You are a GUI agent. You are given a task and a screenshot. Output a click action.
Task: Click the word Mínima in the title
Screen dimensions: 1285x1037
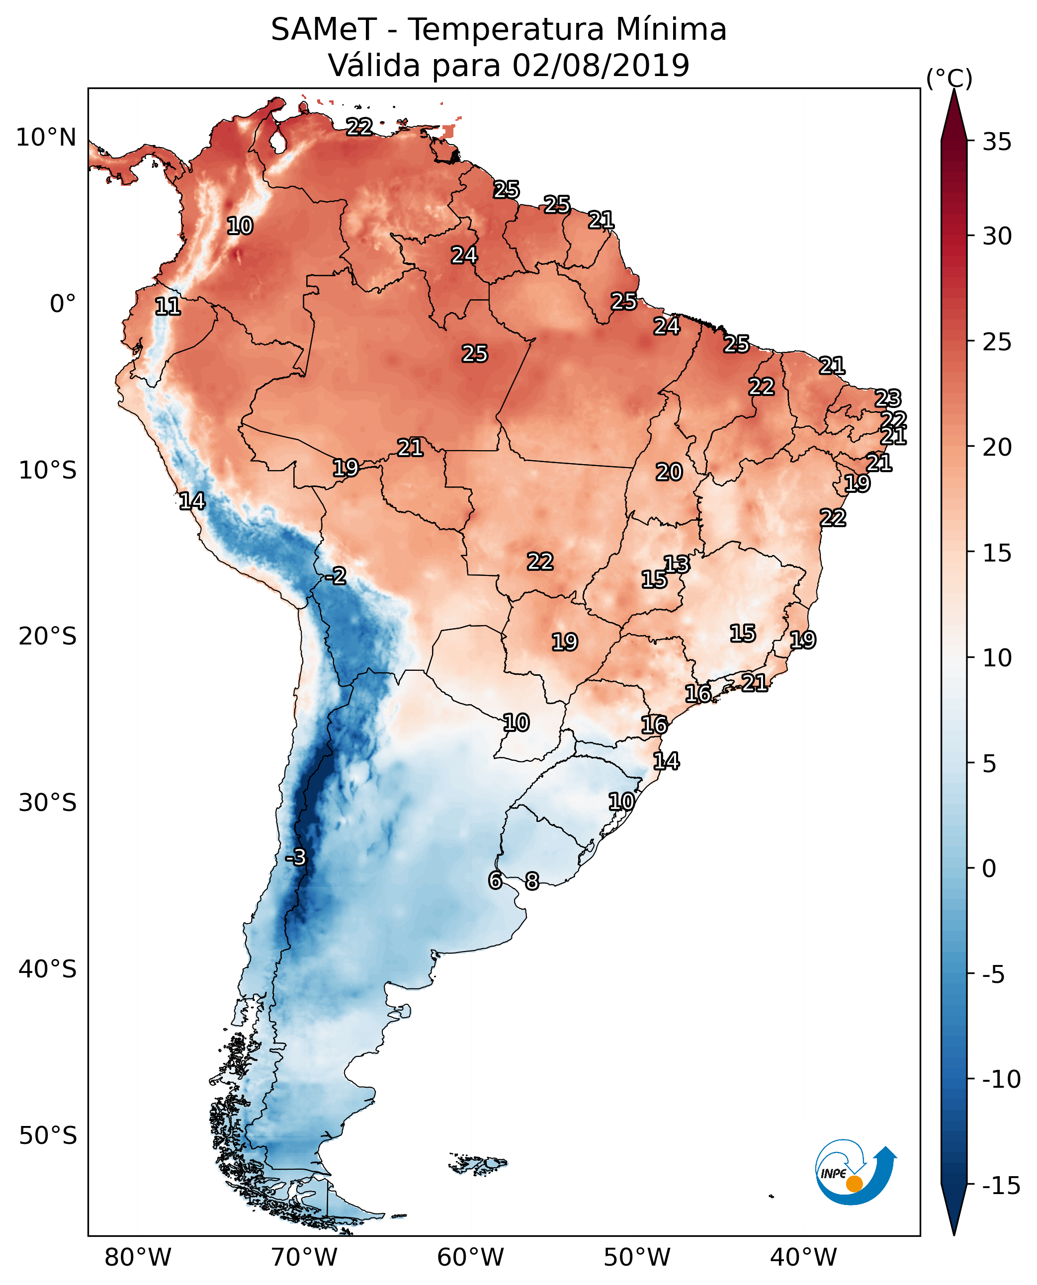tap(671, 29)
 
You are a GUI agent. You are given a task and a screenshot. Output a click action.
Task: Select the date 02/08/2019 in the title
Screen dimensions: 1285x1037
tap(601, 65)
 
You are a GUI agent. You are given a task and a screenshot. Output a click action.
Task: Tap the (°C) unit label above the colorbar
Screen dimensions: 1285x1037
tap(949, 78)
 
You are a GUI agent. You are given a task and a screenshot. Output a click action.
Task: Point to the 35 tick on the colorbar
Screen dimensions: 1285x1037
tap(997, 142)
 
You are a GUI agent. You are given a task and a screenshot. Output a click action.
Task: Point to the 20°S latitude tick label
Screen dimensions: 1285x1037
tap(48, 637)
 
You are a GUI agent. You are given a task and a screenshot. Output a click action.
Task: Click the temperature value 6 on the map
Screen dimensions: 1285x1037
tap(495, 880)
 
